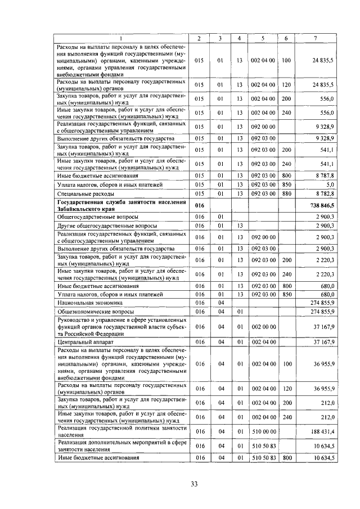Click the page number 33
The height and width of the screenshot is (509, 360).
(x=194, y=484)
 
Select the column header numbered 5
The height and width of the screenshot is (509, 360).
(x=263, y=38)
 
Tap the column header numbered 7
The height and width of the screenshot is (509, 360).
(x=315, y=38)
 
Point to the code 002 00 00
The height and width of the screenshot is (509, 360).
(x=263, y=326)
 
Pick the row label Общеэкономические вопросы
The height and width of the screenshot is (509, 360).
(x=95, y=311)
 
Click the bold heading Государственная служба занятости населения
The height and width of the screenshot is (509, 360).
(x=121, y=202)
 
